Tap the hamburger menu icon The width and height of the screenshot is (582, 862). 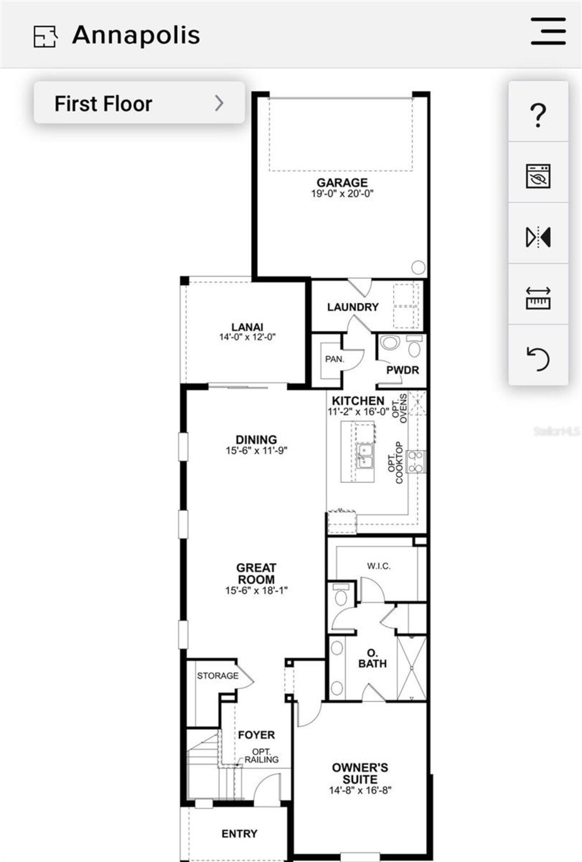pyautogui.click(x=548, y=31)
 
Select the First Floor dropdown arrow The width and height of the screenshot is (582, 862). pyautogui.click(x=219, y=103)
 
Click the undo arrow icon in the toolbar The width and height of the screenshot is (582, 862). pyautogui.click(x=538, y=358)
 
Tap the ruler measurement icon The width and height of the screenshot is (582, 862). pyautogui.click(x=538, y=298)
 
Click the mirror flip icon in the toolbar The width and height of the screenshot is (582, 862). pyautogui.click(x=538, y=237)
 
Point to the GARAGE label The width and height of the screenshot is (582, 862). pyautogui.click(x=342, y=183)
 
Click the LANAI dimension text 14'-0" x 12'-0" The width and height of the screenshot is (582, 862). pyautogui.click(x=247, y=337)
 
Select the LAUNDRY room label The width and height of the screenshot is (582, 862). pyautogui.click(x=353, y=307)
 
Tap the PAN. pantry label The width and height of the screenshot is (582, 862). pyautogui.click(x=335, y=359)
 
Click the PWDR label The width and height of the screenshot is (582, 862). pyautogui.click(x=402, y=370)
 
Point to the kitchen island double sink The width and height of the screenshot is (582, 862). pyautogui.click(x=365, y=456)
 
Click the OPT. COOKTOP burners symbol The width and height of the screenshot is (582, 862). pyautogui.click(x=416, y=462)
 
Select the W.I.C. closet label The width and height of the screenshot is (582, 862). pyautogui.click(x=378, y=566)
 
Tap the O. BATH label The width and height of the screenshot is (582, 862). pyautogui.click(x=372, y=659)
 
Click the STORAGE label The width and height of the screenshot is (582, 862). pyautogui.click(x=217, y=676)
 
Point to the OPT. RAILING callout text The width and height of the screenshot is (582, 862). pyautogui.click(x=261, y=756)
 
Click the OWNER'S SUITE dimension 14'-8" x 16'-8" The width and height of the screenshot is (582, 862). pyautogui.click(x=360, y=791)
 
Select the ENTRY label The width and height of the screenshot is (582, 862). pyautogui.click(x=239, y=834)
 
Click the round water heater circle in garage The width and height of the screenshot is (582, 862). pyautogui.click(x=418, y=267)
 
